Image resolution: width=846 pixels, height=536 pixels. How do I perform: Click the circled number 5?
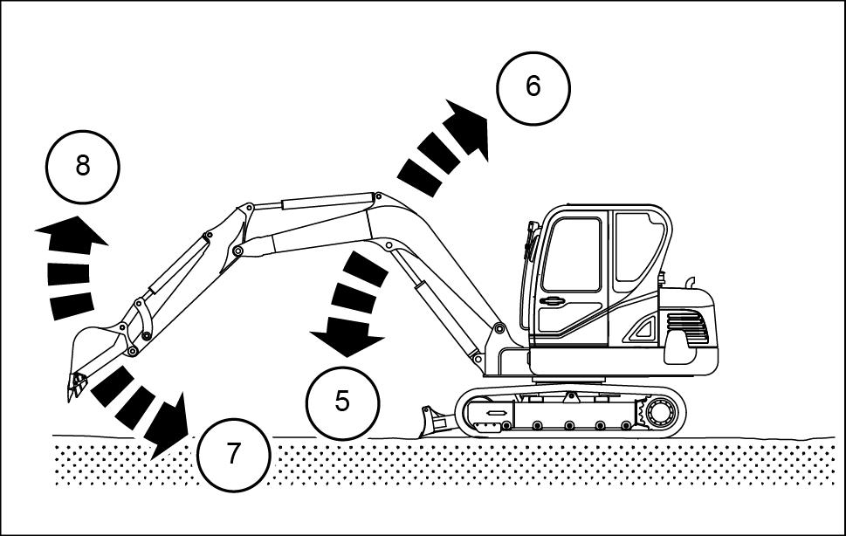[x=342, y=402]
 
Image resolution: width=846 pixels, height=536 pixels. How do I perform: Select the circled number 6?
[x=533, y=88]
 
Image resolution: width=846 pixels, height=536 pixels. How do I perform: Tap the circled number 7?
[x=233, y=455]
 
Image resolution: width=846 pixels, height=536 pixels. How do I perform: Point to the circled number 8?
[x=83, y=167]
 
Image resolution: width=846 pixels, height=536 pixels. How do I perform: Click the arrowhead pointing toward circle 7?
[x=169, y=428]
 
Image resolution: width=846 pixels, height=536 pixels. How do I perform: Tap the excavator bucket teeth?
[x=76, y=386]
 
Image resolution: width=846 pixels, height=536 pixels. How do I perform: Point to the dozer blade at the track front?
[x=433, y=421]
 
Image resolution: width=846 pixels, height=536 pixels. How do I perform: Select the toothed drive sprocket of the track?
[x=656, y=413]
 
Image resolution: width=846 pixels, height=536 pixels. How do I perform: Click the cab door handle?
[x=552, y=301]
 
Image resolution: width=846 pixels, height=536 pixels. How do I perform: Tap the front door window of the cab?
[x=571, y=255]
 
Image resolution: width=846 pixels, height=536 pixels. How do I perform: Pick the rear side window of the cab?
[x=637, y=248]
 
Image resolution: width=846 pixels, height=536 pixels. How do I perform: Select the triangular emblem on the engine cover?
[x=642, y=329]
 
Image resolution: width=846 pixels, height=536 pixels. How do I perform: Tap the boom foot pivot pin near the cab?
[x=499, y=327]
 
